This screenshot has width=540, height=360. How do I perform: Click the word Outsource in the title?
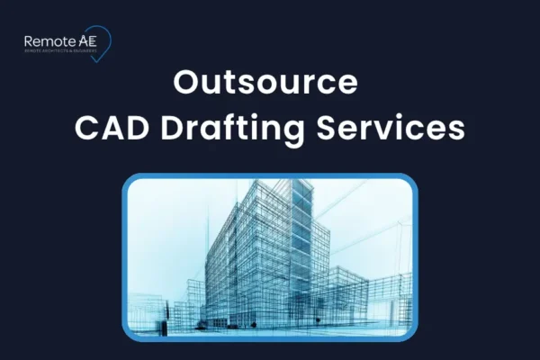[x=265, y=83]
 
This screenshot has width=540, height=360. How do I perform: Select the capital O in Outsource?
[x=185, y=83]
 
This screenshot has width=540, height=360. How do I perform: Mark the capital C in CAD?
[x=86, y=128]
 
